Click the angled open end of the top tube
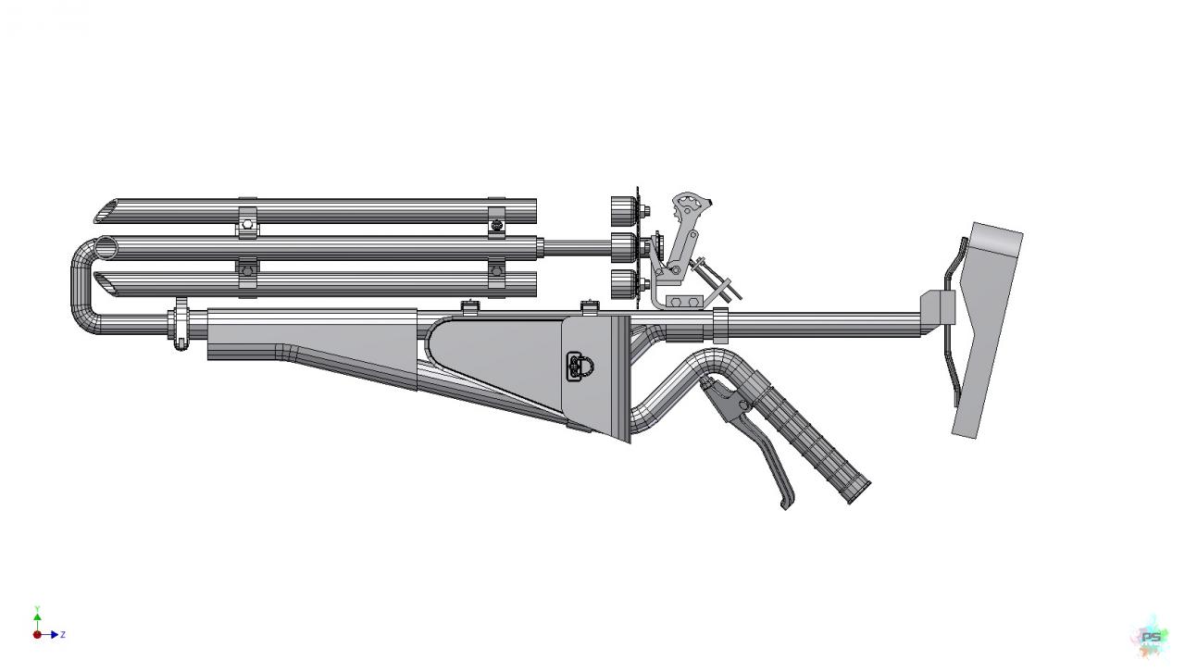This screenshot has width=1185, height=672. [x=106, y=211]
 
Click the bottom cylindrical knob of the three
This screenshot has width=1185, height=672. [x=623, y=283]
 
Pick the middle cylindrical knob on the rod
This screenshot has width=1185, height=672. [x=623, y=247]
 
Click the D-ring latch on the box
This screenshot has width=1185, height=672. [x=580, y=367]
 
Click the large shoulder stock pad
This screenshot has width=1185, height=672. [x=984, y=328]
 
